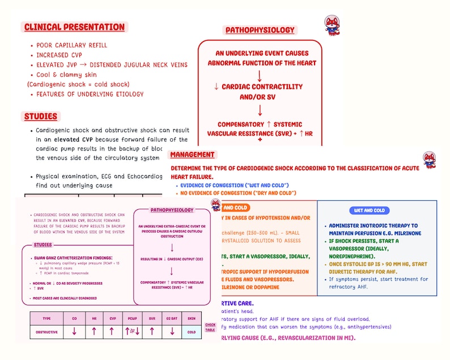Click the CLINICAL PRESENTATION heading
coord(74,27)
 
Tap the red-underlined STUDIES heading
coord(41,117)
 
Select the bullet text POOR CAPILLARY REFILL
coord(71,45)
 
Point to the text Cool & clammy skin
coord(66,75)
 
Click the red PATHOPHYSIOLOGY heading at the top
coord(260,30)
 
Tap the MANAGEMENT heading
coord(192,155)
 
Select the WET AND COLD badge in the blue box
coord(370,210)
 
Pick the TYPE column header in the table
coord(46,318)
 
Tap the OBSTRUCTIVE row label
coord(46,332)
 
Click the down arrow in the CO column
coord(74,332)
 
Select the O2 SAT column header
coord(172,318)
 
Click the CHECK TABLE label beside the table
coord(210,327)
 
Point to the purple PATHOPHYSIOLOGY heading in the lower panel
coord(172,210)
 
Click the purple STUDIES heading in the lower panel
coord(43,245)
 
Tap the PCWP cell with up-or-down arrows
coord(133,332)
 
